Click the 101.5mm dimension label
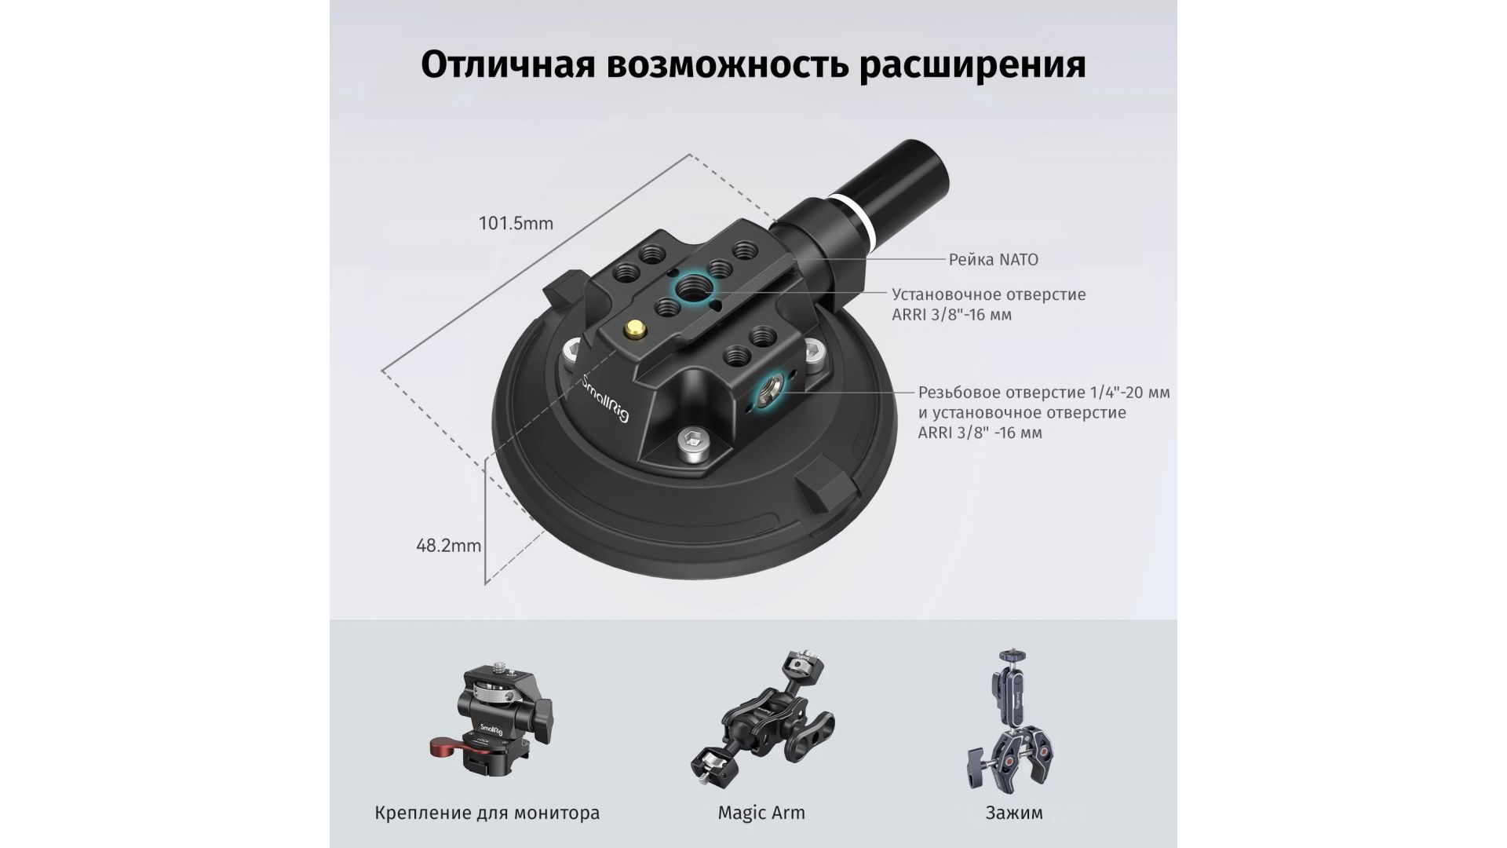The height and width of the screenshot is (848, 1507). coord(516,224)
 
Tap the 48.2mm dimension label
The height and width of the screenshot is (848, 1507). coord(448,545)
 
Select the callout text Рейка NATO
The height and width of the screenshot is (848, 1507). coord(993,259)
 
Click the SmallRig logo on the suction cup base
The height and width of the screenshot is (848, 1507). coord(607,399)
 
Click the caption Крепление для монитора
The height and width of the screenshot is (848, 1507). coord(487,813)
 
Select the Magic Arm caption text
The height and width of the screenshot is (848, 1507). coord(761,813)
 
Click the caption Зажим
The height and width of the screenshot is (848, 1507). coord(1014,813)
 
